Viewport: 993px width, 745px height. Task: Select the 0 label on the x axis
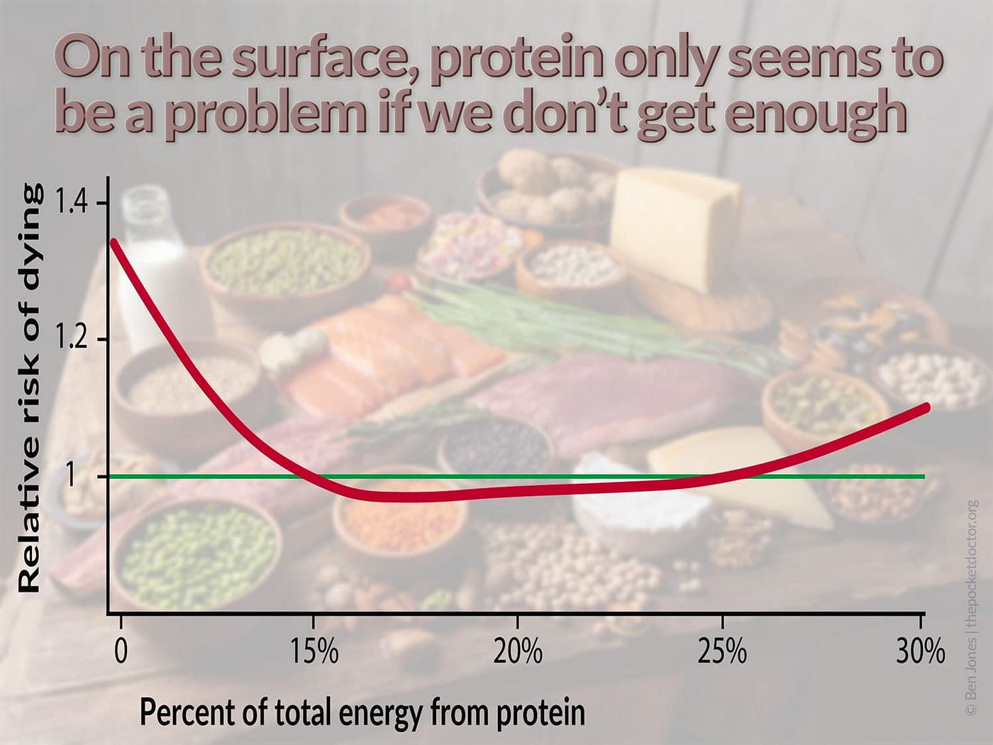tap(121, 651)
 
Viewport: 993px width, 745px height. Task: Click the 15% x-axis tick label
tap(313, 651)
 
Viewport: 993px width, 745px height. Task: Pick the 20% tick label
tap(518, 651)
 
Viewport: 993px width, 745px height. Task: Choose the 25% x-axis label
tap(722, 651)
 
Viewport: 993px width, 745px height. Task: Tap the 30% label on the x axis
tap(920, 651)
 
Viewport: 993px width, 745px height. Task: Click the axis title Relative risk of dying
tap(30, 387)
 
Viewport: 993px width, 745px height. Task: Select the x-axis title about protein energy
tap(362, 712)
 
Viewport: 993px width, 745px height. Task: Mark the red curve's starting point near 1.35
tap(113, 243)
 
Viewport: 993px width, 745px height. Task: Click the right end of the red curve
tap(923, 407)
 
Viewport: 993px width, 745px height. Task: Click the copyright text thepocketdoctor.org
tap(972, 561)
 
